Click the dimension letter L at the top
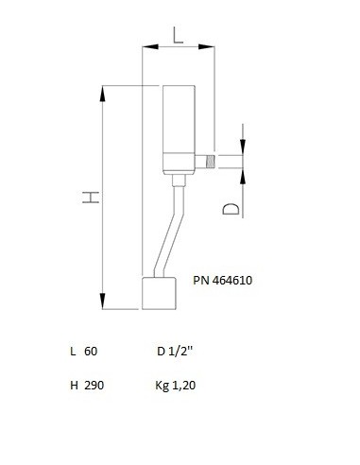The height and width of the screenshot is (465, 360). click(x=178, y=35)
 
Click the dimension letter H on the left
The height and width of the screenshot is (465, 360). click(x=91, y=198)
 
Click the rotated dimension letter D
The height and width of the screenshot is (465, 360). click(x=231, y=209)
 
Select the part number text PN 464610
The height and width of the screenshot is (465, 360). click(x=223, y=280)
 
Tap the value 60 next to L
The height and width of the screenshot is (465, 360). click(x=91, y=351)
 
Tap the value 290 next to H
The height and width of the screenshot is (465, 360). click(x=94, y=385)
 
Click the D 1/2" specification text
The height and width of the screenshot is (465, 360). click(x=175, y=351)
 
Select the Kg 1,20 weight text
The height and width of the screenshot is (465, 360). click(x=176, y=386)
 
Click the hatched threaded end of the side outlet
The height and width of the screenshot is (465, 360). click(x=210, y=162)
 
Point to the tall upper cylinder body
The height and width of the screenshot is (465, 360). click(x=179, y=119)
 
